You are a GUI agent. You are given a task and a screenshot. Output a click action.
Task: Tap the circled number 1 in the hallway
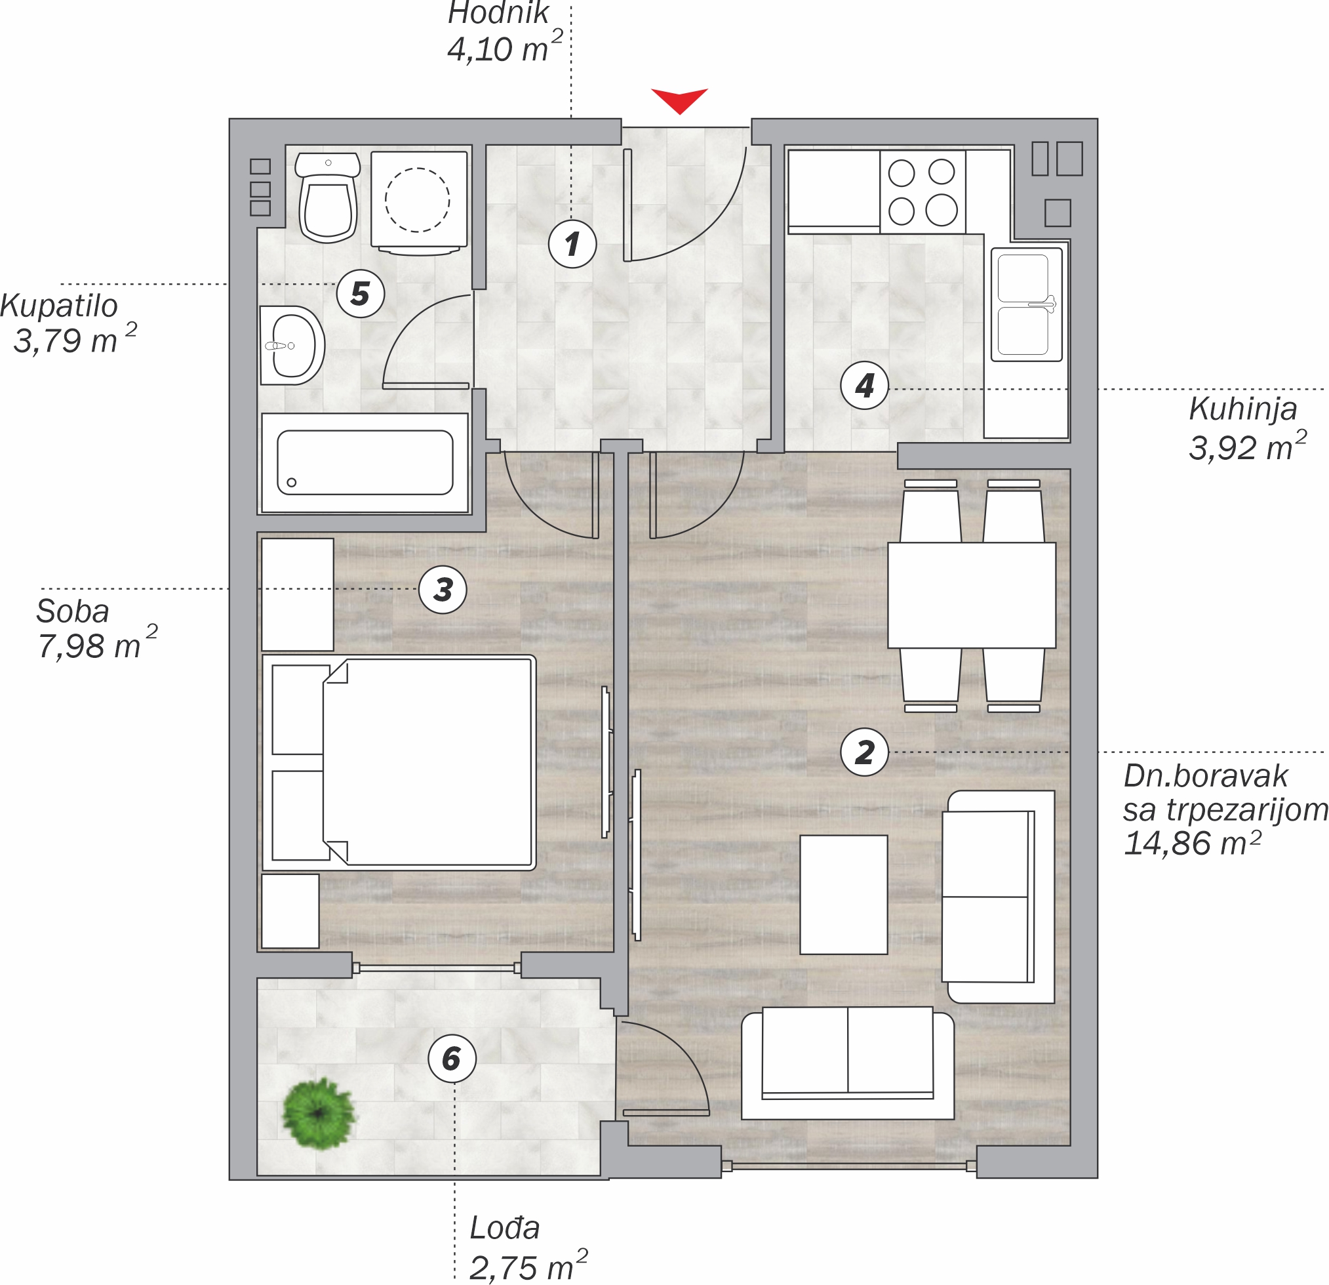pos(572,243)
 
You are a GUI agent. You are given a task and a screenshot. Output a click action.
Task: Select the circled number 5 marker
pos(360,294)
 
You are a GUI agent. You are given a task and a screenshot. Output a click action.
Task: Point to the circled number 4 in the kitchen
pos(865,385)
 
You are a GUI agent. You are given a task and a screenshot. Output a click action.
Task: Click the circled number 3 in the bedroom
pos(443,590)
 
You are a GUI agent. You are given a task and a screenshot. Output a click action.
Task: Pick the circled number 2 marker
pos(865,752)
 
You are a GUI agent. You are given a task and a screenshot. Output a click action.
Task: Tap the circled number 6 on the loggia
pos(452,1059)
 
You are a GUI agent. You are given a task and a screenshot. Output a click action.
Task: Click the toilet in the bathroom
pos(328,197)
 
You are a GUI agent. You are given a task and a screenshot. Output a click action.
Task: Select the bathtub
pos(365,462)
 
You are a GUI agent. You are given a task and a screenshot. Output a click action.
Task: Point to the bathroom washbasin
pos(292,345)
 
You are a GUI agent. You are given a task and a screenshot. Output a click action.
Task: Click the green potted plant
pos(319,1114)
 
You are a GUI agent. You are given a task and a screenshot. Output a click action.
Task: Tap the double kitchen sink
pos(1027,304)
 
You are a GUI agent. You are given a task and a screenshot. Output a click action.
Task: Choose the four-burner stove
pos(922,192)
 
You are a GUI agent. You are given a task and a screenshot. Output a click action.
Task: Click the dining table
pos(972,595)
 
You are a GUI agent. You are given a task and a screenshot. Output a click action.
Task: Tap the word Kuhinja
pos(1243,409)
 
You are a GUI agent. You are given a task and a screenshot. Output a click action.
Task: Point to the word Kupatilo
pos(59,306)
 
